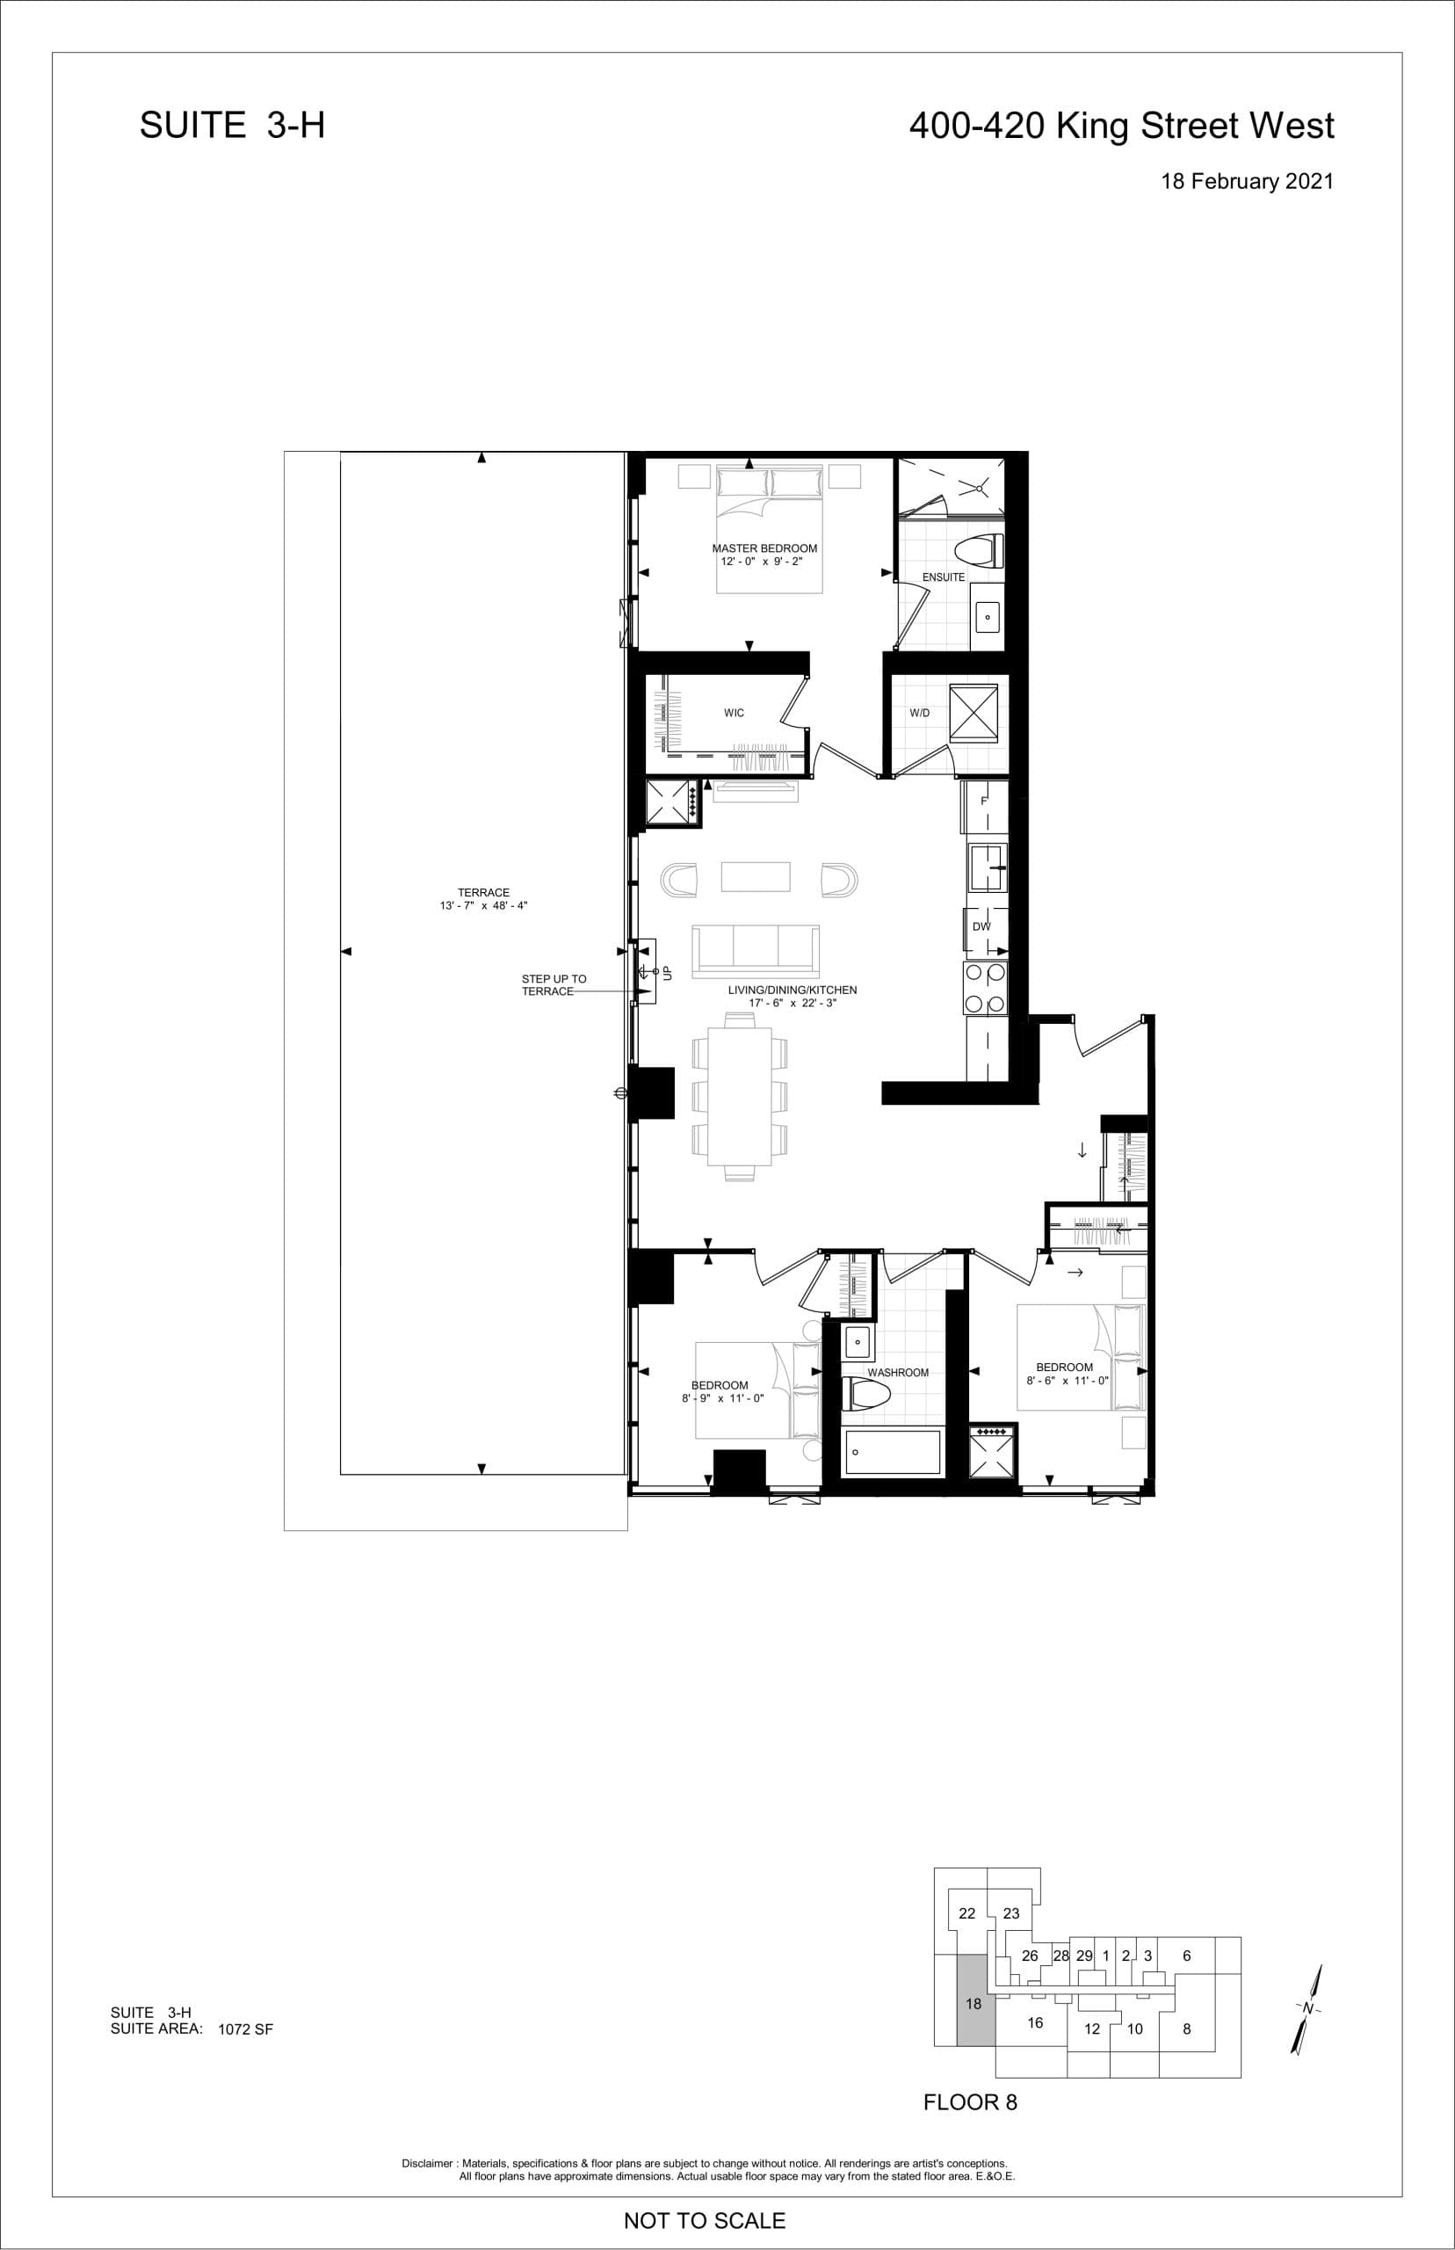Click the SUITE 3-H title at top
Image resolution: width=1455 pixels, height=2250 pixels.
point(233,126)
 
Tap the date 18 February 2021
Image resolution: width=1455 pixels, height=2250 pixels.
point(1246,181)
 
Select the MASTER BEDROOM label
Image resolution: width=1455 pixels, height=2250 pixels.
point(764,548)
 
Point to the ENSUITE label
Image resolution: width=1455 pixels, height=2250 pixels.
point(943,577)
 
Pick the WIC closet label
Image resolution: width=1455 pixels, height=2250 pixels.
point(735,713)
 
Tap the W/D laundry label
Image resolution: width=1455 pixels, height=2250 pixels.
point(919,713)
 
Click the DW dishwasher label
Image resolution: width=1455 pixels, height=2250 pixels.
point(981,926)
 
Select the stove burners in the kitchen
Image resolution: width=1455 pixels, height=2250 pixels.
point(986,989)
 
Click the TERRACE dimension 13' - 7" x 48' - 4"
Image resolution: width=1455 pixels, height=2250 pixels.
point(484,905)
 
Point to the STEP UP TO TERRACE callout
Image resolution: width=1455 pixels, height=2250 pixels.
point(554,984)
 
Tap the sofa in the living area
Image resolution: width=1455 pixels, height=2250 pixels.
point(756,951)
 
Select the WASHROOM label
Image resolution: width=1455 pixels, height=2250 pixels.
point(898,1372)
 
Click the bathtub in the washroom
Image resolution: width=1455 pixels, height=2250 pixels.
point(893,1451)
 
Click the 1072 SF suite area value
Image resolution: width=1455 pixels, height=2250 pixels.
point(245,2029)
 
